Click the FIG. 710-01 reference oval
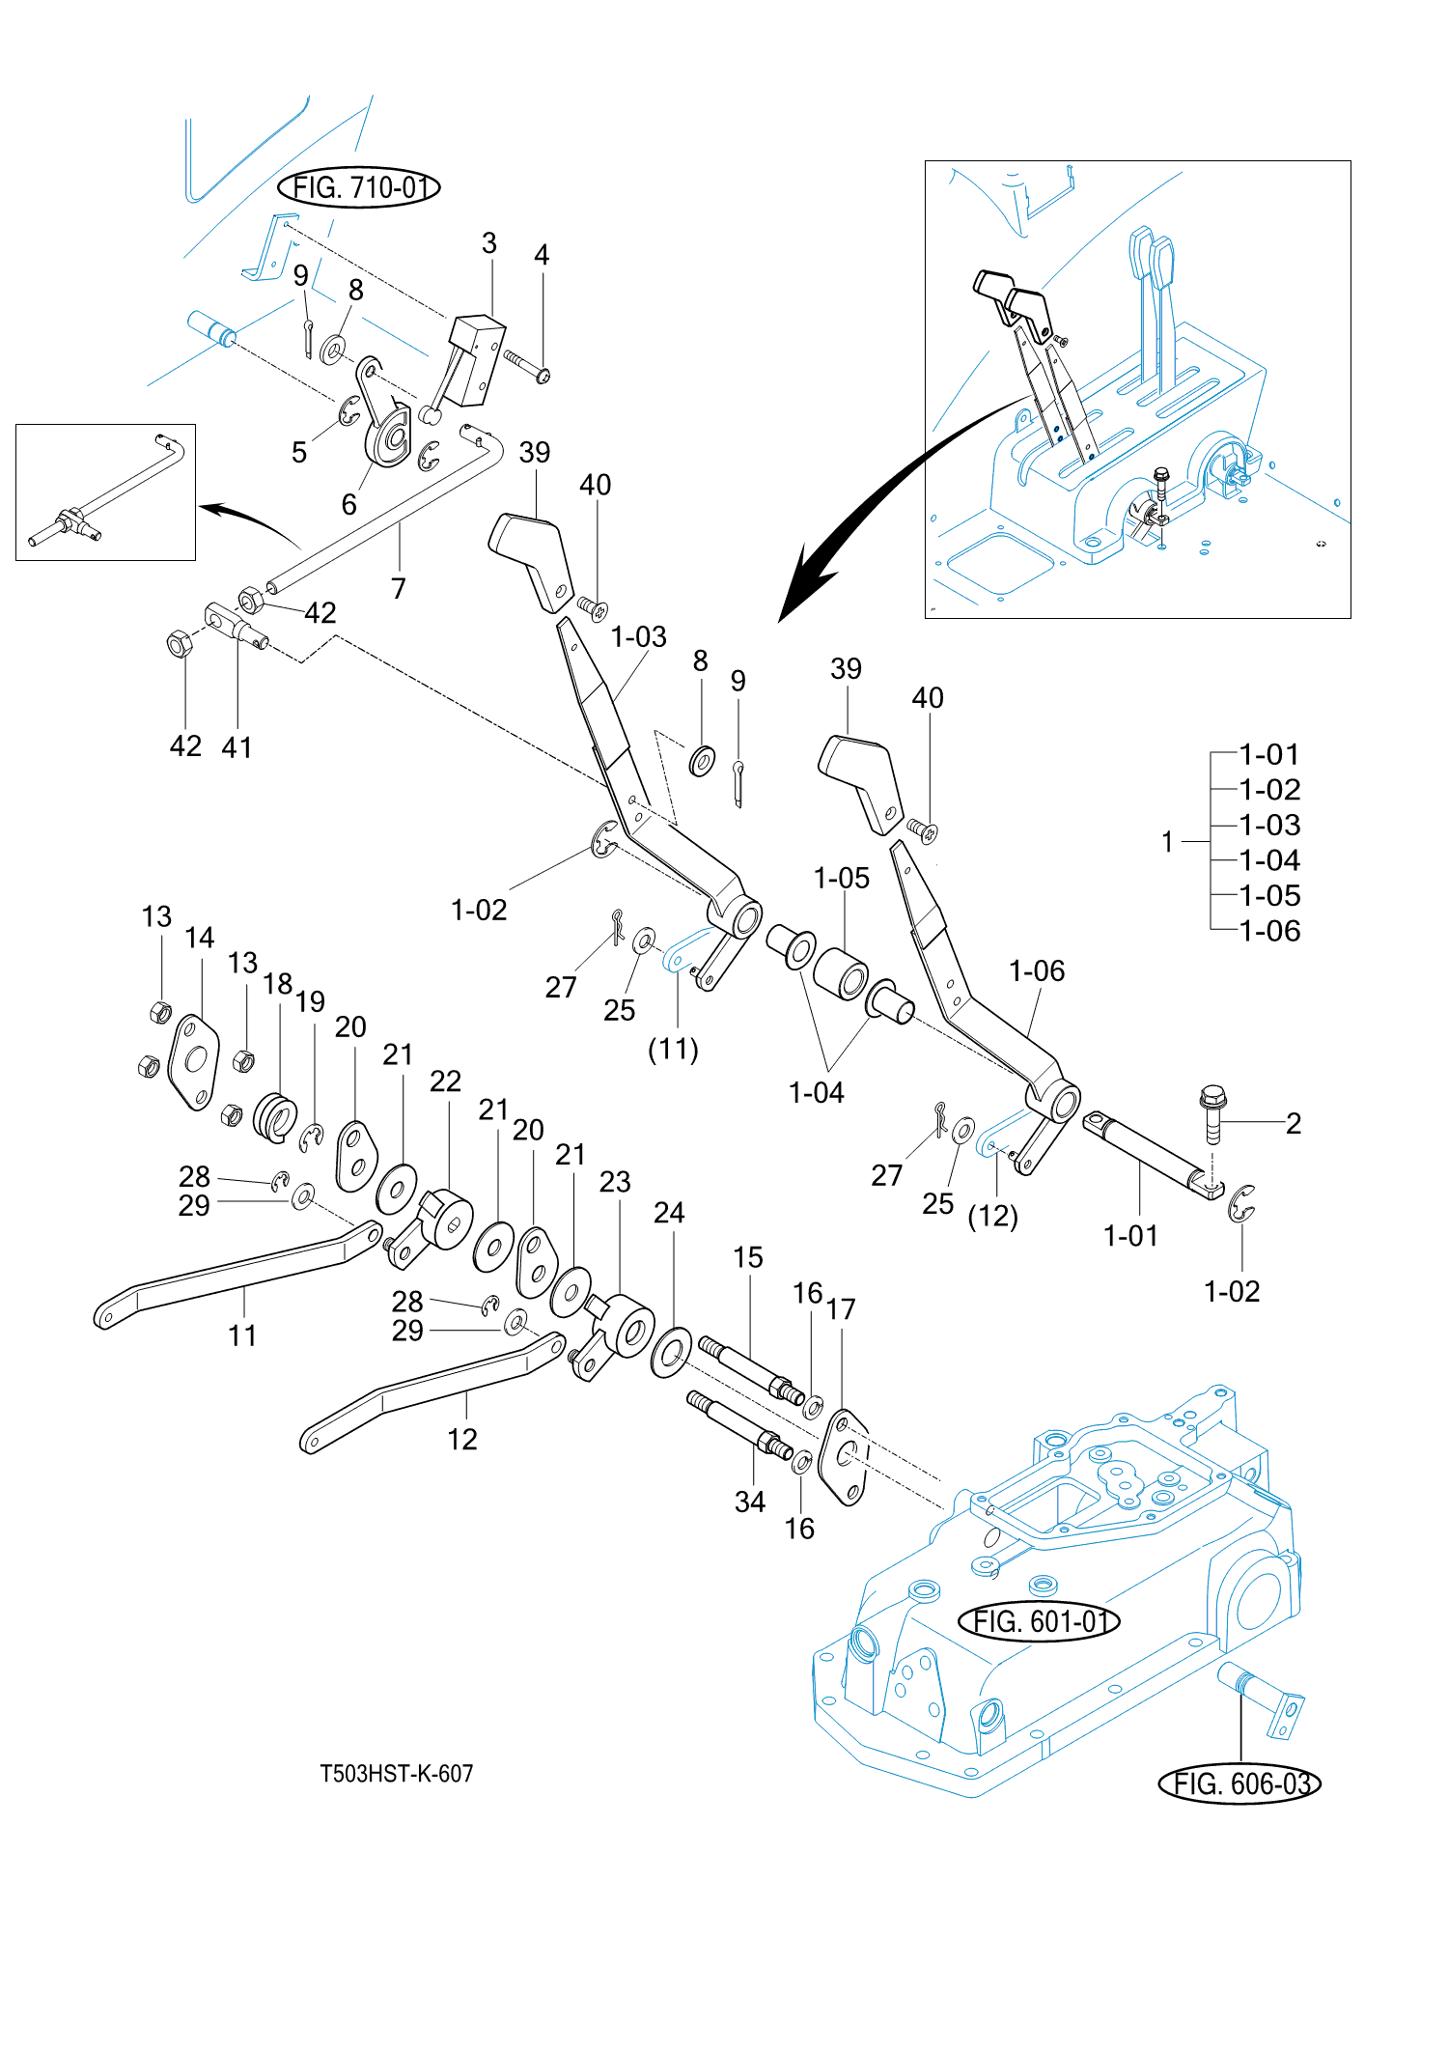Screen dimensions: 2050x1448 pos(358,187)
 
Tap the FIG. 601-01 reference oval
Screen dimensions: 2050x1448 pos(1039,1621)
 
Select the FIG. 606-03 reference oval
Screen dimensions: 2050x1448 pos(1239,1783)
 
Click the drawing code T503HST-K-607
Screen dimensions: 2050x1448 pos(397,1774)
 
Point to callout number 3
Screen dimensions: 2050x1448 pos(489,243)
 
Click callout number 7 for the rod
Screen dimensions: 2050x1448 pos(399,588)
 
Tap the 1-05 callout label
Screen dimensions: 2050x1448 pos(842,879)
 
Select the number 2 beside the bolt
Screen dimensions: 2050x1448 pos(1294,1123)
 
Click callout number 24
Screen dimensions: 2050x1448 pos(669,1213)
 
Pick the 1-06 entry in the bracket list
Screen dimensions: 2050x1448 pos(1269,931)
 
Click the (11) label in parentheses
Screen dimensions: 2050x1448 pos(673,1049)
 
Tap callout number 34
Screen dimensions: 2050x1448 pos(750,1502)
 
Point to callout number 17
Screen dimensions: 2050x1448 pos(841,1309)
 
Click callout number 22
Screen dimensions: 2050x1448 pos(445,1081)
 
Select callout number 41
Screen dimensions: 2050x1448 pos(237,746)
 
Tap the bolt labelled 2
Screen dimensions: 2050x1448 pos(1212,1112)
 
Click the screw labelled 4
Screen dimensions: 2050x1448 pos(526,367)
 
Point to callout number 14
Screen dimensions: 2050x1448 pos(200,938)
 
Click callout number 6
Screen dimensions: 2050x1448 pos(349,504)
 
